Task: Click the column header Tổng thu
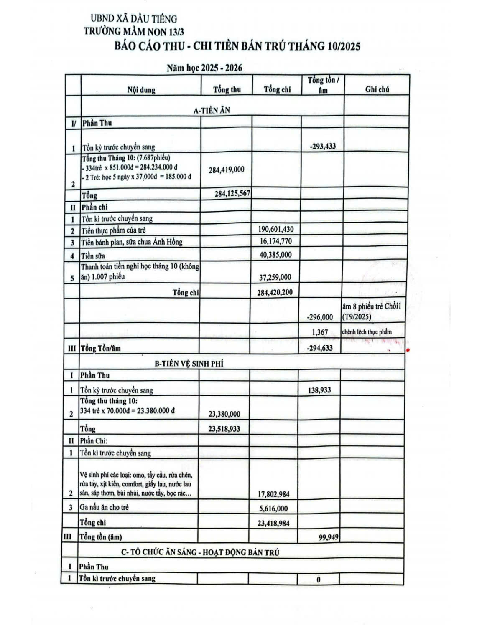click(x=227, y=89)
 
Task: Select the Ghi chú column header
click(x=377, y=89)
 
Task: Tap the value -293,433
click(x=322, y=147)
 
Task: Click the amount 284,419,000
click(x=226, y=170)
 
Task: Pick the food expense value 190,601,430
click(x=276, y=229)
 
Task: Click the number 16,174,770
click(x=276, y=241)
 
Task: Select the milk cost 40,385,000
click(x=276, y=255)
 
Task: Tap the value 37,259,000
click(x=275, y=277)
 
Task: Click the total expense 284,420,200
click(x=275, y=292)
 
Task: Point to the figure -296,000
click(x=320, y=317)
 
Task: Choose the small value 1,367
click(x=320, y=332)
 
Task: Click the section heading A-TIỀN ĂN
click(x=212, y=110)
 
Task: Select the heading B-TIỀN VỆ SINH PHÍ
click(x=189, y=364)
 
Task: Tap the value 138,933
click(x=319, y=390)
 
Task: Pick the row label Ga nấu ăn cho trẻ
click(x=104, y=507)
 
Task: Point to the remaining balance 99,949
click(x=328, y=537)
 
